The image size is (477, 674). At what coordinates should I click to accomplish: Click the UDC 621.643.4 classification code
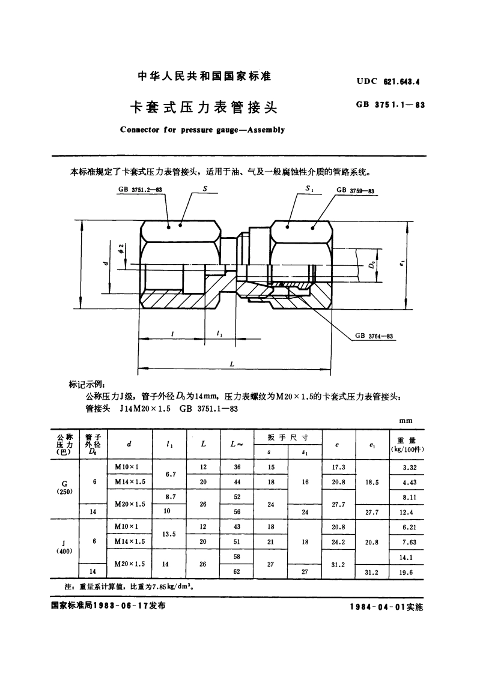click(x=387, y=79)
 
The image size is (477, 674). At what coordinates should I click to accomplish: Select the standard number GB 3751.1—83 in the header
click(x=390, y=104)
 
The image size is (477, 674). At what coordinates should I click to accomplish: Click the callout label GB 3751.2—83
click(x=141, y=190)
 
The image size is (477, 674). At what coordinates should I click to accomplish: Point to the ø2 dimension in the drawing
click(x=121, y=248)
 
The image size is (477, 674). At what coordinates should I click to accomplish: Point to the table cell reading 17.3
click(x=339, y=468)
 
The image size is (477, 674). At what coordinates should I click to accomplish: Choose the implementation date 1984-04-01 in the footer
click(x=386, y=607)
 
